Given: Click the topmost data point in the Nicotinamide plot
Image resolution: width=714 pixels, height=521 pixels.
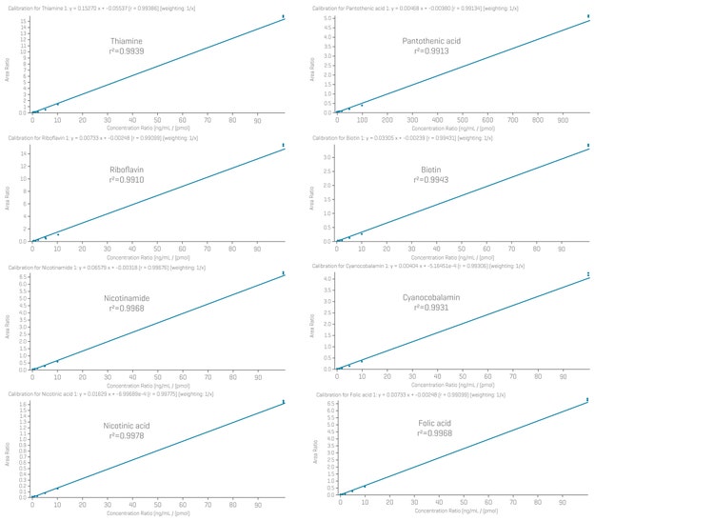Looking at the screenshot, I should [x=283, y=273].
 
